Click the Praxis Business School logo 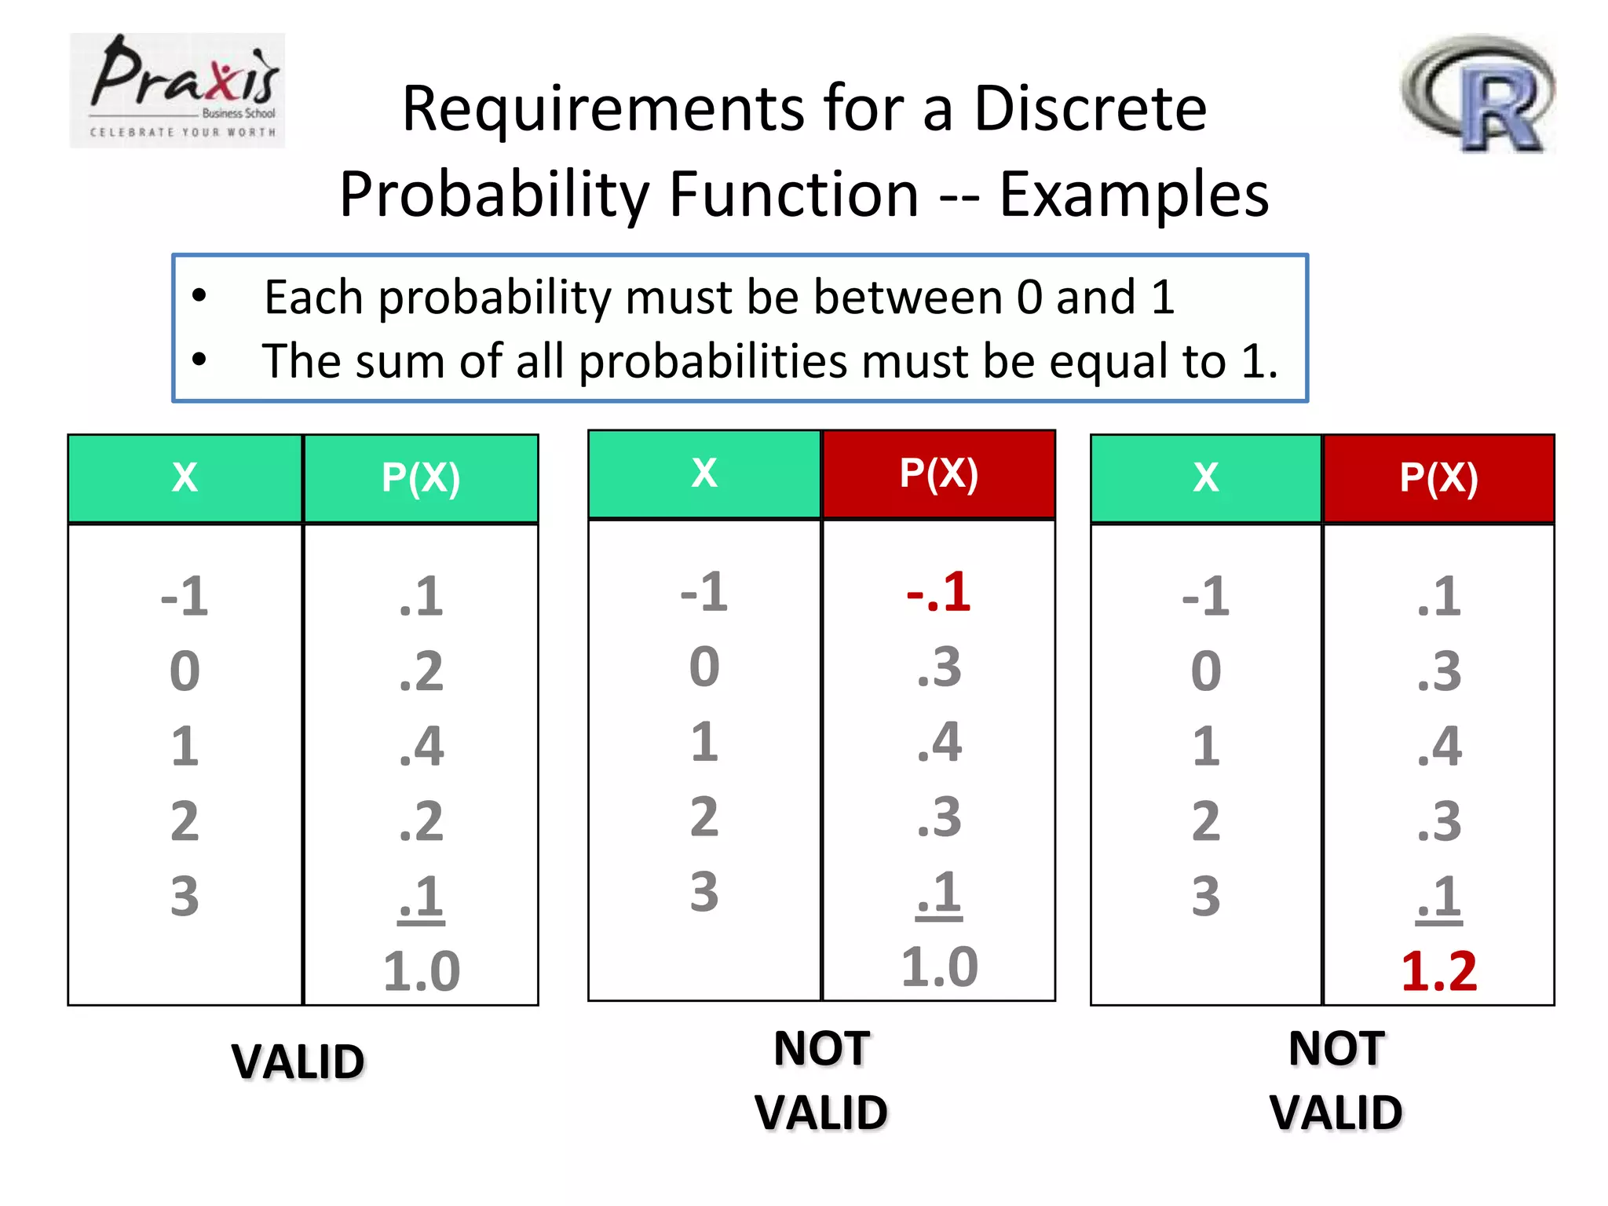tap(177, 90)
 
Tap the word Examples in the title tap(1134, 194)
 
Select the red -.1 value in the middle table tap(938, 592)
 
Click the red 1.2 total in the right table tap(1438, 971)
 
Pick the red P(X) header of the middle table tap(938, 474)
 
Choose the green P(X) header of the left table tap(421, 478)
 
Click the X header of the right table tap(1206, 478)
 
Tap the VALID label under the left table tap(298, 1062)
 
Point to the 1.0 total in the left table tap(421, 971)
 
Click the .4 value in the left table tap(421, 746)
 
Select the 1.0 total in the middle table tap(939, 967)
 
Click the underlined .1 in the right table tap(1438, 897)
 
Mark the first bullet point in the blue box tap(199, 297)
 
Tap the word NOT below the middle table tap(821, 1048)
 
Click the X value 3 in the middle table tap(704, 893)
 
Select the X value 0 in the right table tap(1206, 671)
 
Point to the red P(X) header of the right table tap(1438, 478)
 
